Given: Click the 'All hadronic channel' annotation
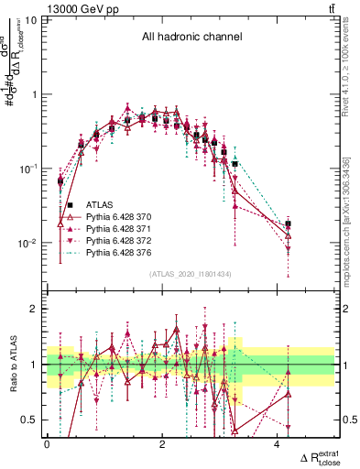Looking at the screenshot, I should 190,38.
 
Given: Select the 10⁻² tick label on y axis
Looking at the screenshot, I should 27,243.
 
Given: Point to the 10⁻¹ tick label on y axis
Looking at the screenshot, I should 27,169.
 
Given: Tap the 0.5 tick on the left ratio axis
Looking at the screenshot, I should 31,420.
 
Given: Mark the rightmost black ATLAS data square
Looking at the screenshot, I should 288,224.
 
